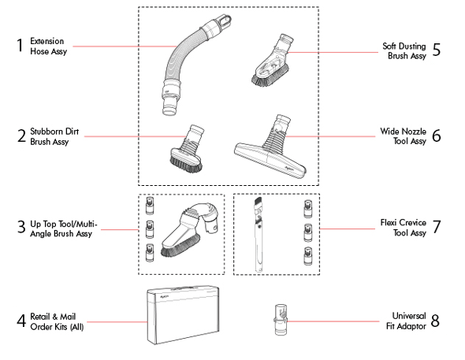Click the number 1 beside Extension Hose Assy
coord(20,45)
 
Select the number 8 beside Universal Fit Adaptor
coord(436,321)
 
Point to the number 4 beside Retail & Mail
coord(20,322)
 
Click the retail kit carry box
coord(182,314)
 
